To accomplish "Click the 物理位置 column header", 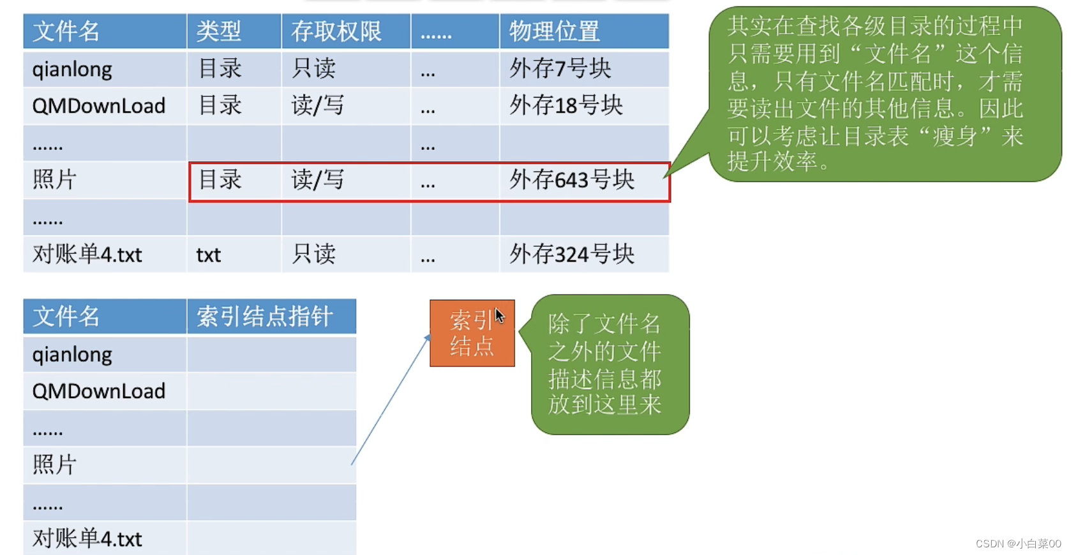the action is [x=553, y=31].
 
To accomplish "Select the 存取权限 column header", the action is [x=336, y=31].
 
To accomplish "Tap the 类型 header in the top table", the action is [x=218, y=31].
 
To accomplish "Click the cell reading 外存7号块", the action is [x=560, y=68].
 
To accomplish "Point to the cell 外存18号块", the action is [x=565, y=105].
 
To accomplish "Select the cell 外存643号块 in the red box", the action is [x=572, y=181].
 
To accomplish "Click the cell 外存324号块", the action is [x=572, y=254].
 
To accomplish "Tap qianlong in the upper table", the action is [x=72, y=70].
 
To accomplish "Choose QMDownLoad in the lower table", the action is [x=98, y=391].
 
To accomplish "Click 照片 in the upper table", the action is [x=54, y=181].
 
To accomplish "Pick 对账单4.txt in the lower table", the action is [x=87, y=539].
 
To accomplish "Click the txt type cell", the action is [x=209, y=255].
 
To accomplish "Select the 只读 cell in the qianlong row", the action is [x=313, y=68].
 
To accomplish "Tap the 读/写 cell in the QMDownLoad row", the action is [x=317, y=105].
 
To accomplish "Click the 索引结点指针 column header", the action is [x=264, y=316].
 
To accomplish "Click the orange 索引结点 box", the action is [x=472, y=333].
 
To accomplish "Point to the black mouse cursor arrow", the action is [x=500, y=316].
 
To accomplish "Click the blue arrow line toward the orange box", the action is [x=391, y=399].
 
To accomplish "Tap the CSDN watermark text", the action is [x=1018, y=544].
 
